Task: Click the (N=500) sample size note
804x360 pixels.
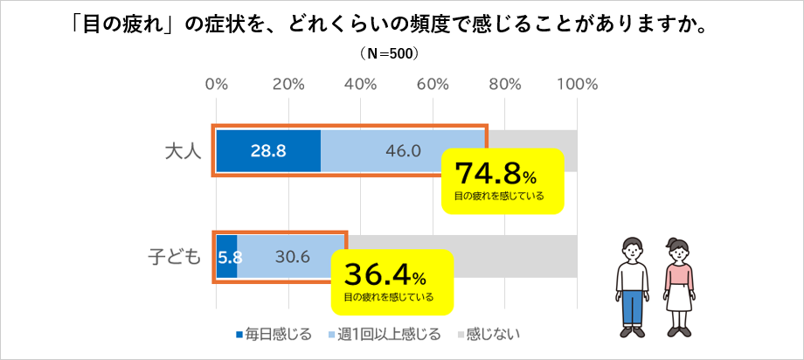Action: click(x=390, y=53)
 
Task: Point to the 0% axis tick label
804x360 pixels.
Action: click(x=216, y=85)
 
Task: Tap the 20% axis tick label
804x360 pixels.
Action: click(x=288, y=85)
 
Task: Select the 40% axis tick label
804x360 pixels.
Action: click(x=360, y=85)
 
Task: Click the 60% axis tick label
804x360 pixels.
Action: click(x=432, y=85)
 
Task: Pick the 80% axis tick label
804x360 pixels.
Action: click(x=504, y=85)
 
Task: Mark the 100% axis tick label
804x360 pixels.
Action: click(x=576, y=85)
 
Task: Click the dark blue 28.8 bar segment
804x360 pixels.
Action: click(x=268, y=150)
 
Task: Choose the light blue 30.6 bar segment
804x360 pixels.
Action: click(x=292, y=257)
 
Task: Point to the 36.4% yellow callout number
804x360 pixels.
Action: click(x=385, y=276)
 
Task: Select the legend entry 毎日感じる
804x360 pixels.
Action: click(x=273, y=335)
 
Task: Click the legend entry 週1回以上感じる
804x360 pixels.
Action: click(x=389, y=335)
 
